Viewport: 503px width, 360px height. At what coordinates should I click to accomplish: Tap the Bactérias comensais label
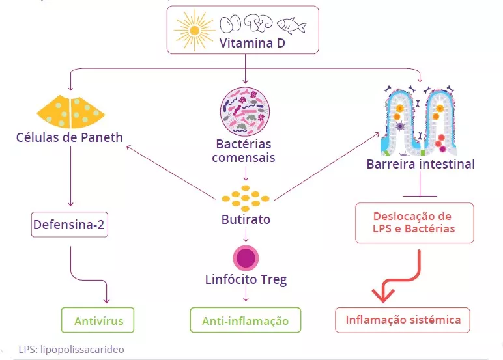244,150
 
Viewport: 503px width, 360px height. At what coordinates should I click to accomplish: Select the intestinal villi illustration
420,118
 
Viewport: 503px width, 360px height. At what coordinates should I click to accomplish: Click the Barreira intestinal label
420,163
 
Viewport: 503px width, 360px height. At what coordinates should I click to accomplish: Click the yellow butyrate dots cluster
245,196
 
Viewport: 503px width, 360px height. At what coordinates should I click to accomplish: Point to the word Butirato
245,219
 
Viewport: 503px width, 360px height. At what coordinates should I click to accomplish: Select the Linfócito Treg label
245,280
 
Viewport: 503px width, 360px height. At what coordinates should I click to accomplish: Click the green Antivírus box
98,320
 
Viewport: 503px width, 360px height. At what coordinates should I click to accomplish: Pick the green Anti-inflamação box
245,320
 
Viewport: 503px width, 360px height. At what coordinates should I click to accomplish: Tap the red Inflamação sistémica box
403,320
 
